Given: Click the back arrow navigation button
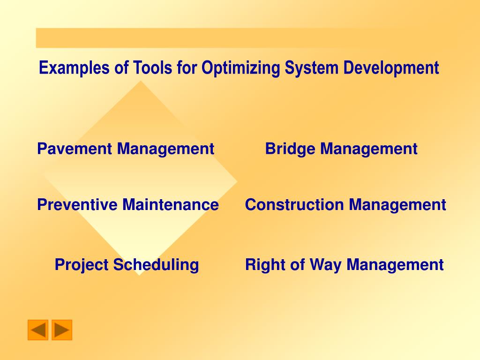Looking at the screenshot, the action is [38, 330].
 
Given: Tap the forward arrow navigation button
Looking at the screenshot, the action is [62, 330].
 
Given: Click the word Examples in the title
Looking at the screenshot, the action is [74, 68].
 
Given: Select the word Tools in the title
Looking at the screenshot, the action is [152, 67].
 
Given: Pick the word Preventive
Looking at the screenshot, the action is [77, 204].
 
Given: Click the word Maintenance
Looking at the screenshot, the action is [171, 204].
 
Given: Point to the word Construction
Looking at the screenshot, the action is [294, 204].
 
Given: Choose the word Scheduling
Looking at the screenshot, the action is [156, 265].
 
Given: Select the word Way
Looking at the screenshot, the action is [325, 265].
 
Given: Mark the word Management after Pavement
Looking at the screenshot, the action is [165, 149].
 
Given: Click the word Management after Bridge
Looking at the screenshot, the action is [369, 149].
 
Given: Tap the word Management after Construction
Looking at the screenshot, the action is [397, 205].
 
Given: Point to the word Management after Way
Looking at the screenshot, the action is [395, 265].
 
